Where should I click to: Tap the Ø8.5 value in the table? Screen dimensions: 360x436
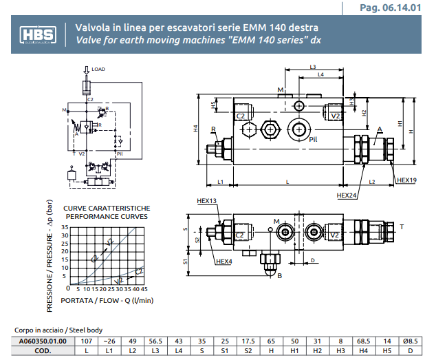pos(411,341)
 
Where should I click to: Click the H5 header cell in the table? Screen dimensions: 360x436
pos(386,350)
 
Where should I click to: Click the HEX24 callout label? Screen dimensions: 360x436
pos(347,195)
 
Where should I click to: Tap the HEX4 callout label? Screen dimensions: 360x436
pos(224,262)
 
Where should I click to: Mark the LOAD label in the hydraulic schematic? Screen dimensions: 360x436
pos(98,70)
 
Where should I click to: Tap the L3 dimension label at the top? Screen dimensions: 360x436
pos(312,67)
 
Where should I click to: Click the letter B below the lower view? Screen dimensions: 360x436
pos(279,276)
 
